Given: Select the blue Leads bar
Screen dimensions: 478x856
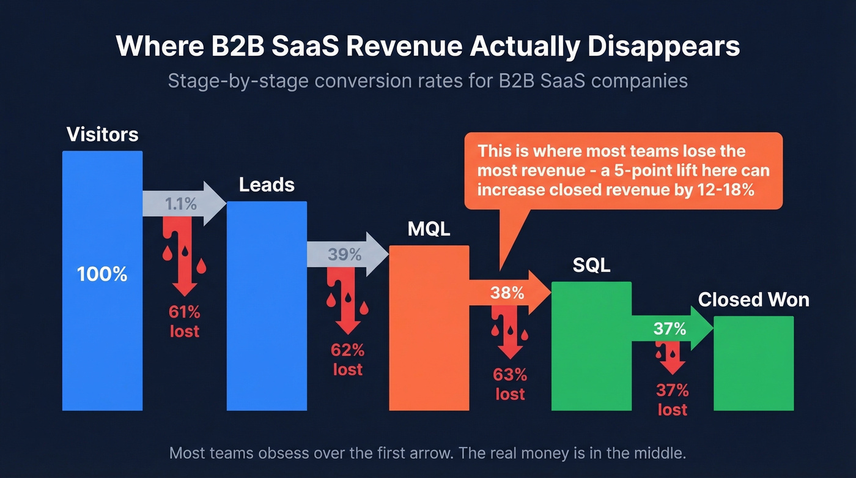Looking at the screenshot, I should coord(267,318).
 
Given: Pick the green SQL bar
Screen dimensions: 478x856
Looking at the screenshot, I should coord(591,355).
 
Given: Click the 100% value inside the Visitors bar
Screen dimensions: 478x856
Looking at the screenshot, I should coord(102,274).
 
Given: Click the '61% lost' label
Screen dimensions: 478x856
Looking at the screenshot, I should coord(185,322).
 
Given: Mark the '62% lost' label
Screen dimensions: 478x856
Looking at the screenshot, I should coord(347,360).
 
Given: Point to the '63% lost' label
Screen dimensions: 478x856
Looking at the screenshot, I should coord(510,384).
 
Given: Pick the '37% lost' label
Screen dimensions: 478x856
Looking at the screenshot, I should coord(672,400).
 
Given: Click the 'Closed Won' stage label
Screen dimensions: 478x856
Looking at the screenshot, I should coord(753,300).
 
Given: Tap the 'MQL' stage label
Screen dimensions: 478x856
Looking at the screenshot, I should coord(429,230).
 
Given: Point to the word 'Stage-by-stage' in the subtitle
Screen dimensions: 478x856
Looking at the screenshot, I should coord(235,81).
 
